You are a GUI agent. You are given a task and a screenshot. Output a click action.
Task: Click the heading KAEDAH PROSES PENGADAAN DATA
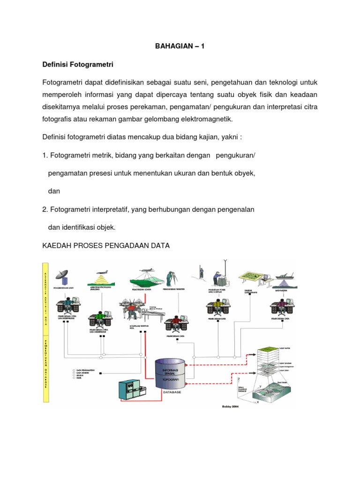tap(106, 246)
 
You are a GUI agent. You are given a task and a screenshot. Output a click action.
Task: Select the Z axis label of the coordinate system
tap(239, 378)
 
